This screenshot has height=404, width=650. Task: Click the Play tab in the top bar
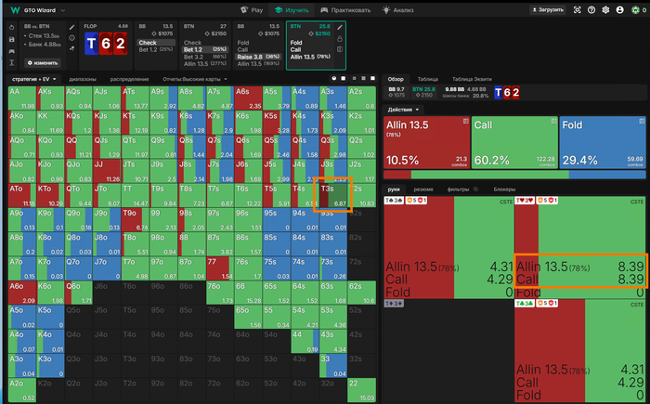[x=253, y=9]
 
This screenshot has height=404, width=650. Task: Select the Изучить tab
[x=296, y=9]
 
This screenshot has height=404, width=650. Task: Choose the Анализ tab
[x=400, y=9]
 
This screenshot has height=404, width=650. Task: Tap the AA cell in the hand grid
[x=20, y=98]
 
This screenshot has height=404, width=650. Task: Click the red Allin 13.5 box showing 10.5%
[x=424, y=143]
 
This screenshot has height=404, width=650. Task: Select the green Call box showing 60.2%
[x=513, y=143]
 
